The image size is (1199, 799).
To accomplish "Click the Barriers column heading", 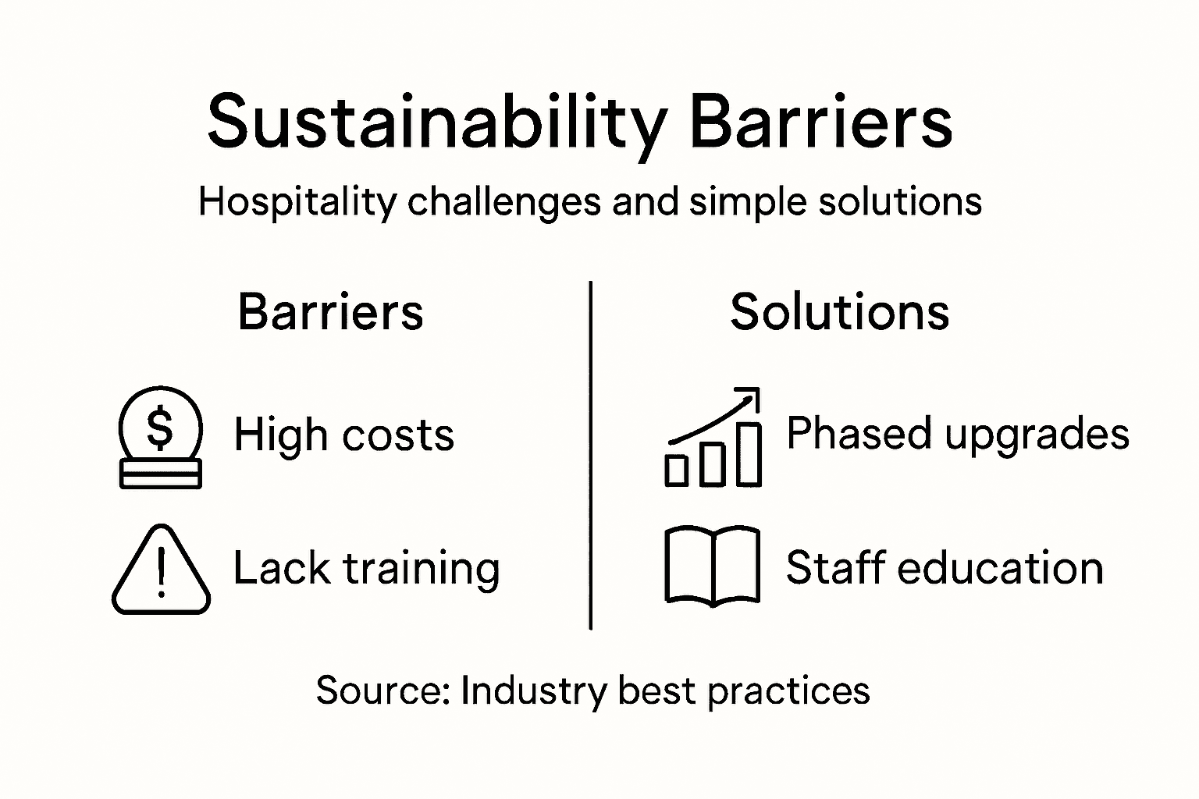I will [x=330, y=312].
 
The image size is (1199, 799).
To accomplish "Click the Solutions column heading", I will [x=839, y=312].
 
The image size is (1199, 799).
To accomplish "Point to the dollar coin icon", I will [x=160, y=437].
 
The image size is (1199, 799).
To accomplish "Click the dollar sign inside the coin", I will [x=160, y=428].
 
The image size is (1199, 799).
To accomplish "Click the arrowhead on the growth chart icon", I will [x=751, y=395].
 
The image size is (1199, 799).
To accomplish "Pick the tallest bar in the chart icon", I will [x=749, y=454].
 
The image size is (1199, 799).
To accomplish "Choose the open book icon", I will [x=712, y=566].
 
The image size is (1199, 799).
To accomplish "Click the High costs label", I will [x=343, y=435].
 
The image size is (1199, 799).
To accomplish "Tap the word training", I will [x=422, y=569].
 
